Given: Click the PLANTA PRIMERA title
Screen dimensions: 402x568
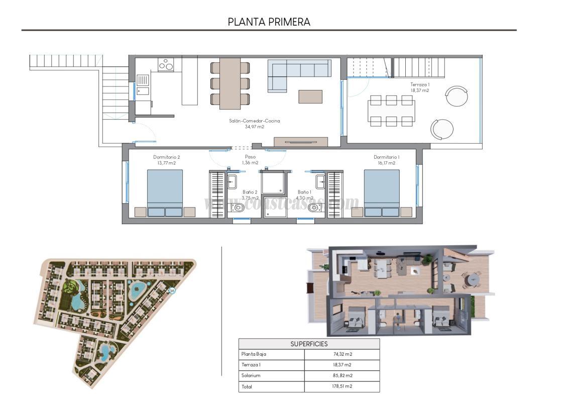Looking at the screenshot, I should coord(269,22).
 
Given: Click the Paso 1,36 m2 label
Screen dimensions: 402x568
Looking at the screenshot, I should coord(250,160).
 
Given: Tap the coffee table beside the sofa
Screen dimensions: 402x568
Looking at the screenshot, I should coord(310,96).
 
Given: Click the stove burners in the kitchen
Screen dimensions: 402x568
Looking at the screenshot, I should coord(166,65).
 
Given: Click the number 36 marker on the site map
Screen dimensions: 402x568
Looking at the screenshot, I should coord(172,291).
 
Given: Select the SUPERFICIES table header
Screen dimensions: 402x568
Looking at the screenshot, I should coord(309,344).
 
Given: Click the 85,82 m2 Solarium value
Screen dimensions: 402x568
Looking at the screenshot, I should coord(342,375).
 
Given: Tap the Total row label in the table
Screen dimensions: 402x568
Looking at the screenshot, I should coord(247,386).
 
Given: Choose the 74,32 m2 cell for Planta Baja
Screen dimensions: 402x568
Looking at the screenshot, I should coord(342,354).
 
